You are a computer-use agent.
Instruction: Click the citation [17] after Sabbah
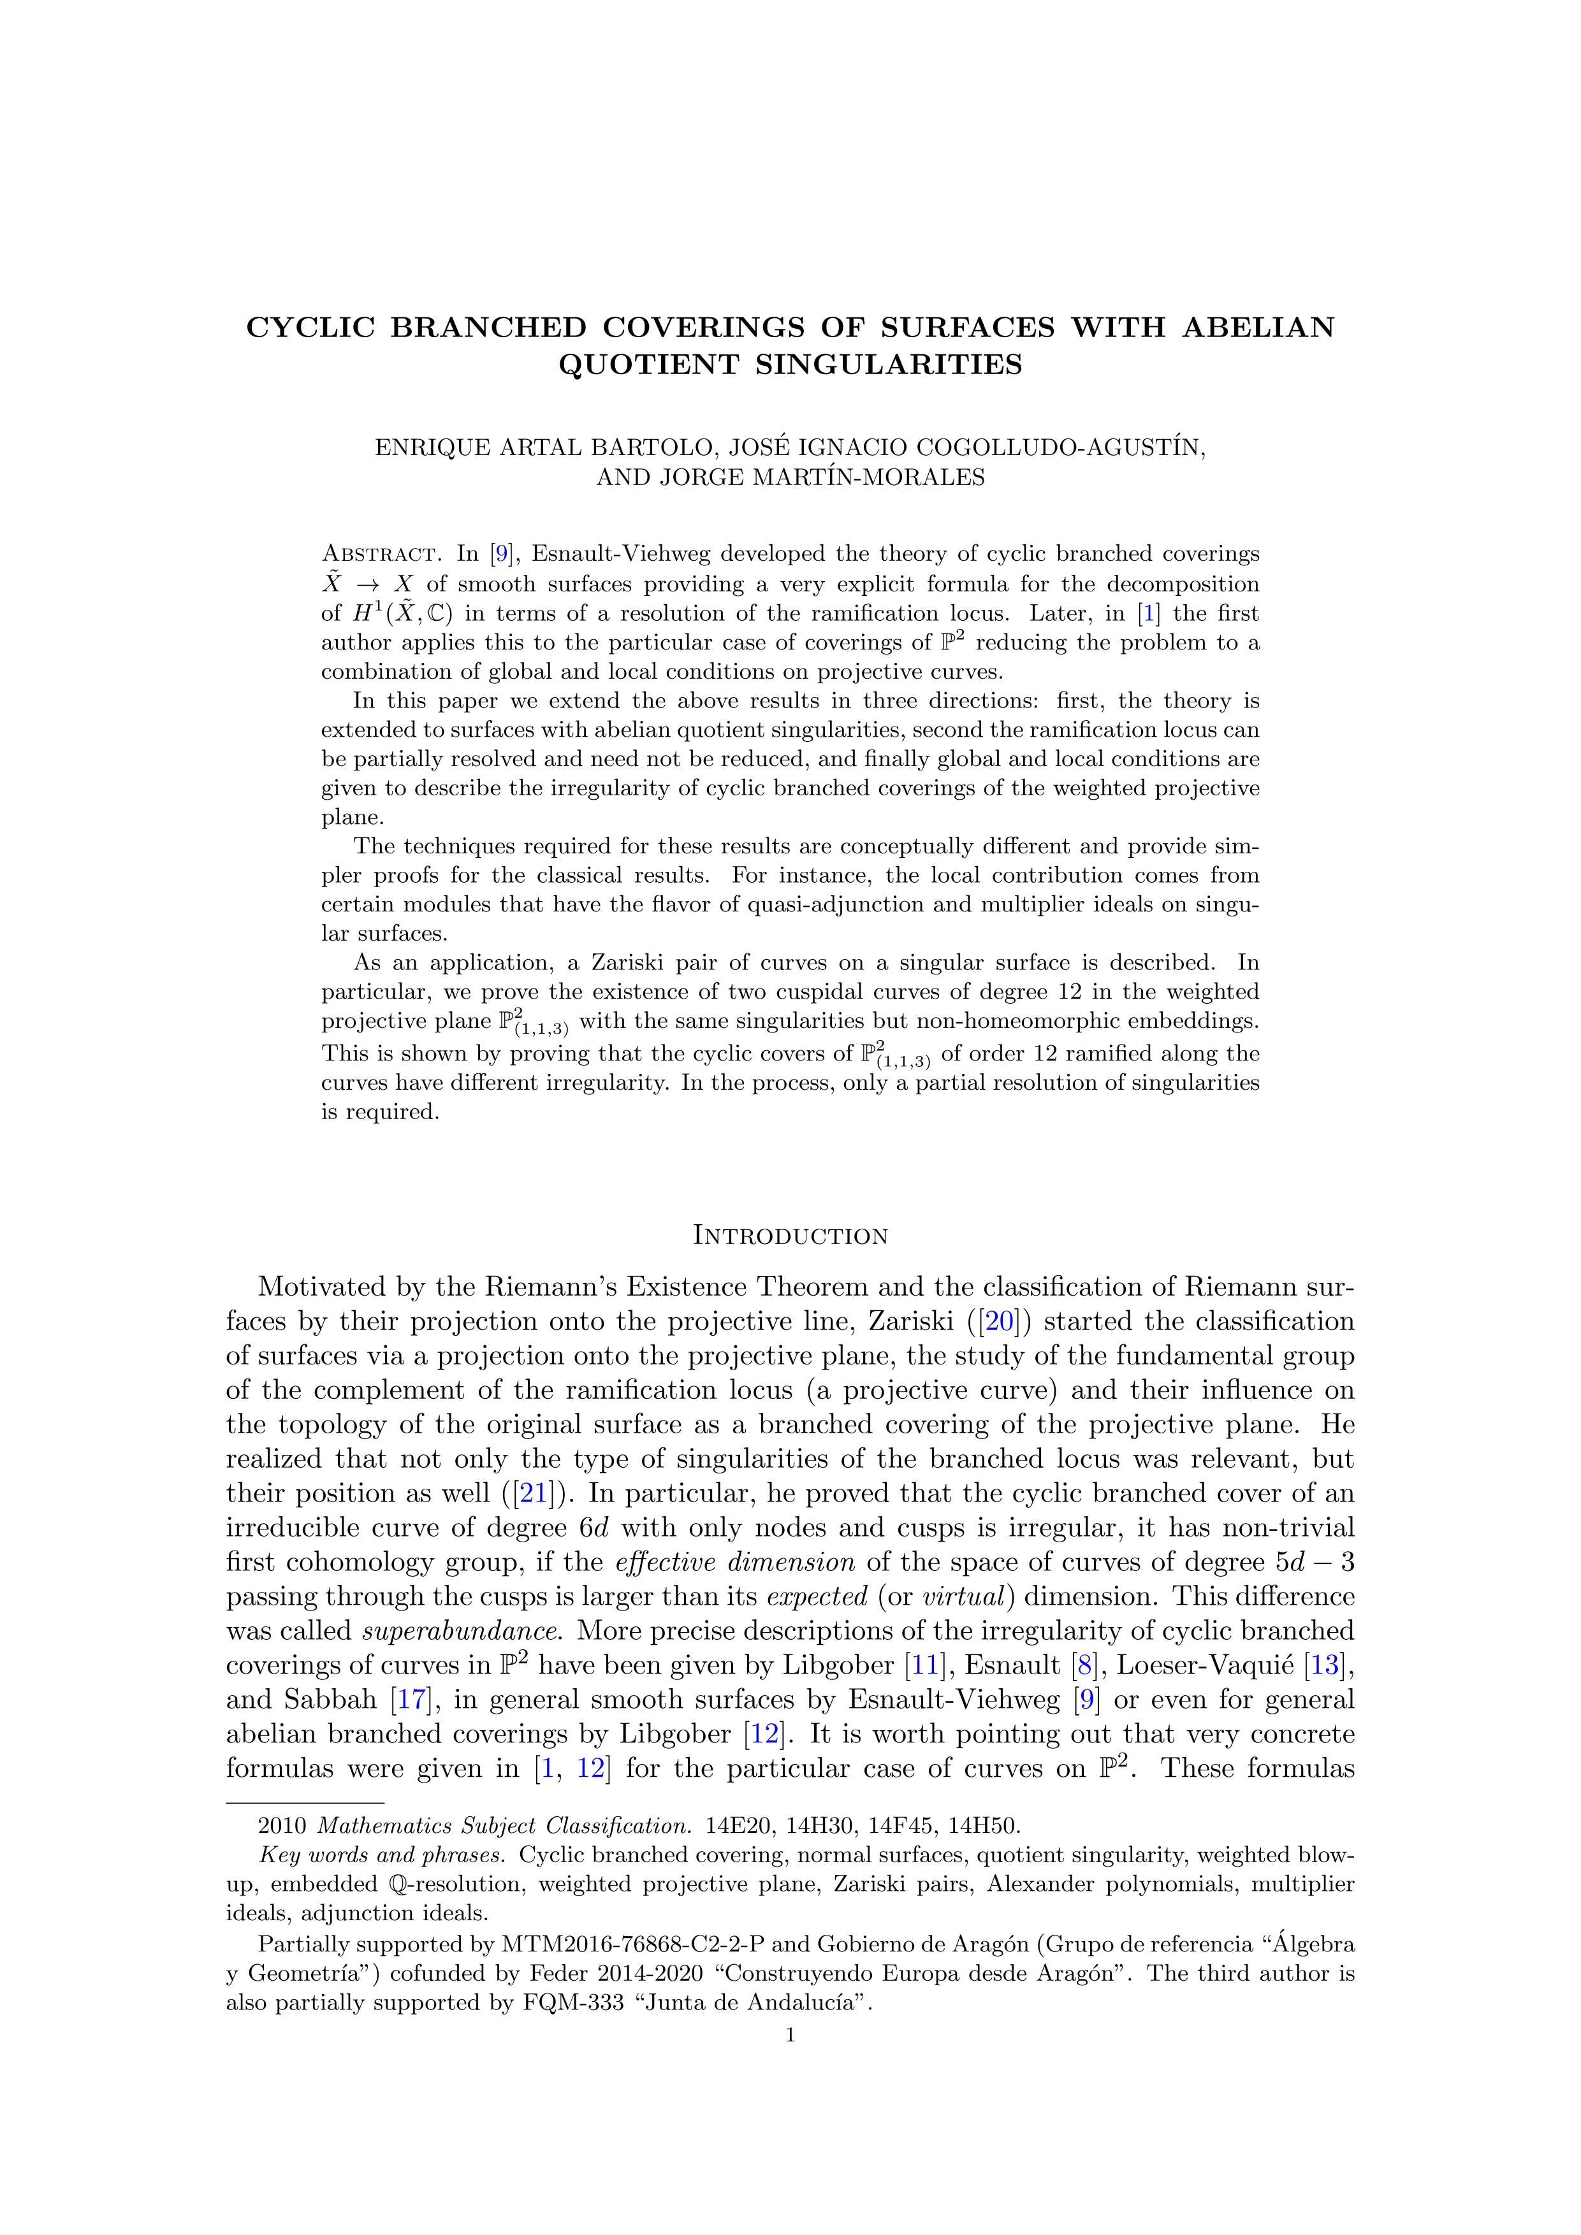tap(406, 1700)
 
